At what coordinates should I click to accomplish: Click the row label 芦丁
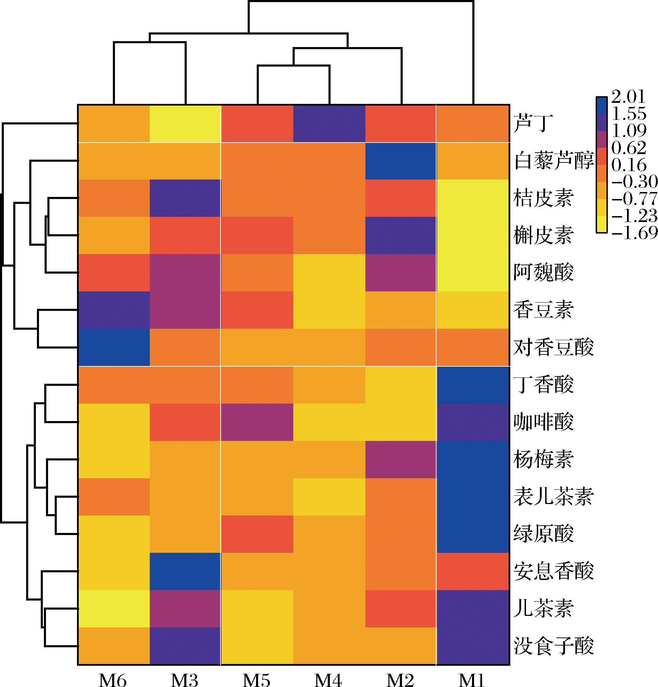click(x=533, y=124)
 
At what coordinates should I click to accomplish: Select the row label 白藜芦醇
click(x=554, y=161)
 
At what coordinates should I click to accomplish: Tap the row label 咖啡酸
click(x=543, y=422)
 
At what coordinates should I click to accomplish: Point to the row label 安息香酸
click(x=554, y=571)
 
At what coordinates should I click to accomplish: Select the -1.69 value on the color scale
click(x=635, y=232)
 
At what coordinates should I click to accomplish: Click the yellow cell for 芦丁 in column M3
click(x=185, y=124)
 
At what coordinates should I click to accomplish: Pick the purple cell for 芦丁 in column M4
click(x=329, y=124)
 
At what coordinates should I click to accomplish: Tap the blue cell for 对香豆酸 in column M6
click(x=114, y=348)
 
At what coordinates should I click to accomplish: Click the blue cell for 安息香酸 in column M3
click(x=185, y=571)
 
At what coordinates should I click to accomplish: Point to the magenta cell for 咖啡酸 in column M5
click(x=257, y=422)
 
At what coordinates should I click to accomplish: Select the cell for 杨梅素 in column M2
click(x=401, y=459)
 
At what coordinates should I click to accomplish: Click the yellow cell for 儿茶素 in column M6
click(x=114, y=609)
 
